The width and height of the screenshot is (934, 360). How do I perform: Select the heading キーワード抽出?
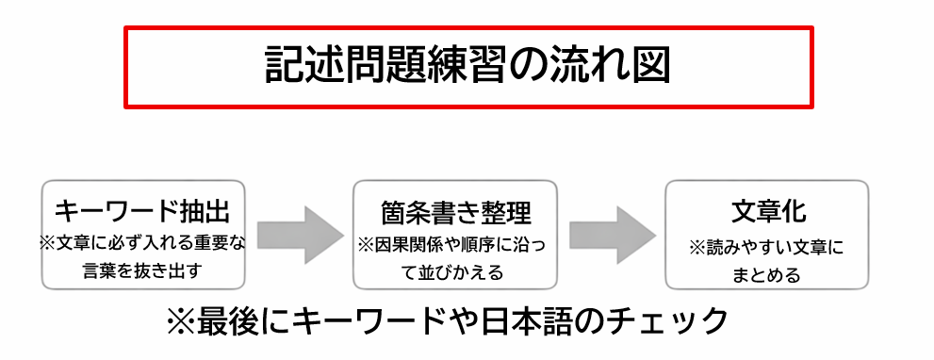[x=143, y=210]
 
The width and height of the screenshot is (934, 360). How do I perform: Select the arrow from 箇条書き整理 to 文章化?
[x=612, y=235]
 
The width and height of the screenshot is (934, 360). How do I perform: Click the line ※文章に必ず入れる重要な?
[x=142, y=243]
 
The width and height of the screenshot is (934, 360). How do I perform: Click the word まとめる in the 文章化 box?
[x=767, y=275]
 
